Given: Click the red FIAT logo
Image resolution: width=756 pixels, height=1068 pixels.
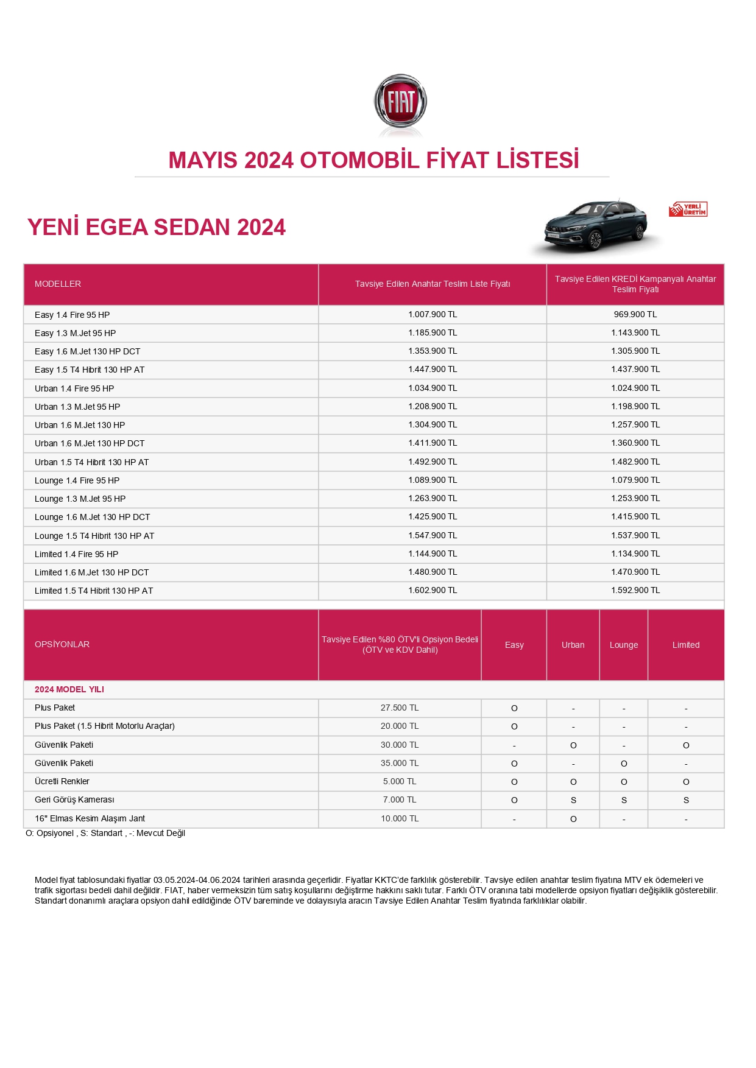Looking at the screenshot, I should pyautogui.click(x=400, y=102).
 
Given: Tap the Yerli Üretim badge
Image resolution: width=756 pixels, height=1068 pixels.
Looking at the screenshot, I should pyautogui.click(x=688, y=209).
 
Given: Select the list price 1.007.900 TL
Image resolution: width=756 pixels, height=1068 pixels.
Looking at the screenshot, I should pyautogui.click(x=433, y=315).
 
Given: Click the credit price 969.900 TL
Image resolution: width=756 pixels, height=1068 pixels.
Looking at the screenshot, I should pyautogui.click(x=635, y=315).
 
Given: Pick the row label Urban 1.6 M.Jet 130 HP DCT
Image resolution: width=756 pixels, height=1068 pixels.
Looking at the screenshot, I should pyautogui.click(x=90, y=444).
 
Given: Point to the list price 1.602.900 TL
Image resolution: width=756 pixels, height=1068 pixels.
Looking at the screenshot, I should pyautogui.click(x=433, y=591).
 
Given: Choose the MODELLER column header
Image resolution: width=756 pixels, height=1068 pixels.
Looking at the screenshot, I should pyautogui.click(x=58, y=284).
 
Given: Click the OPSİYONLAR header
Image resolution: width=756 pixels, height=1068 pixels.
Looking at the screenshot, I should pyautogui.click(x=62, y=645).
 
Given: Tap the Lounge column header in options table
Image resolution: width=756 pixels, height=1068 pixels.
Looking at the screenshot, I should pyautogui.click(x=624, y=645).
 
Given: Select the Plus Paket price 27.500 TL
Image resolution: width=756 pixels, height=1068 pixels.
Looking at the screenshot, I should pyautogui.click(x=400, y=708).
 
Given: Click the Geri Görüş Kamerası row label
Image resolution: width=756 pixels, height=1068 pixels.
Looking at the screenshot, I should pyautogui.click(x=74, y=800).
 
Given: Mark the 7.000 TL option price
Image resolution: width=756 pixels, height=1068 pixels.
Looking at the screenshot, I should pyautogui.click(x=400, y=800).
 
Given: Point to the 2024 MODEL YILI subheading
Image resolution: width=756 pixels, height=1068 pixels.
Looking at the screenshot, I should pyautogui.click(x=69, y=690).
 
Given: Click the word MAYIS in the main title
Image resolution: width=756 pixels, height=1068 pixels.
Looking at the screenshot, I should pyautogui.click(x=203, y=161).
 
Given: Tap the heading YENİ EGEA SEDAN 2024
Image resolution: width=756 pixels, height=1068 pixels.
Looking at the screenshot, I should pyautogui.click(x=157, y=228).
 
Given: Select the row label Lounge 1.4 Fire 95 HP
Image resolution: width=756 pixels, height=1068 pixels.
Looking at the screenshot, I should pyautogui.click(x=77, y=481).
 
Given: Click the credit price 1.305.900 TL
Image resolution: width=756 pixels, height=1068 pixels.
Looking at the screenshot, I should pyautogui.click(x=635, y=351).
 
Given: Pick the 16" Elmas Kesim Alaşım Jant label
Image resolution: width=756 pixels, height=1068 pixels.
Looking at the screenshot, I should pyautogui.click(x=90, y=819).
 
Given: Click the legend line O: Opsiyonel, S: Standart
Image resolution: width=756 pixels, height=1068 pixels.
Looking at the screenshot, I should pyautogui.click(x=105, y=834).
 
